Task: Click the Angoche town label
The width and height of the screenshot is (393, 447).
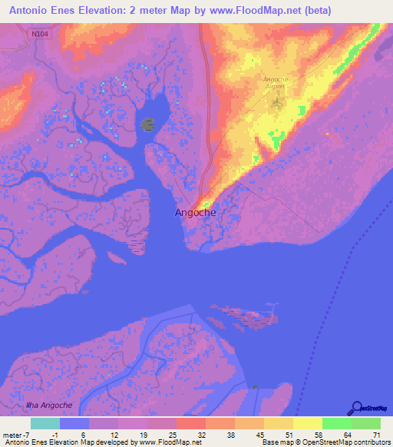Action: click(195, 213)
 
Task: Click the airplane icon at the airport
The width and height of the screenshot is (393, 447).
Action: click(278, 101)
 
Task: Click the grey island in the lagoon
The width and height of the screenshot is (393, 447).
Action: click(148, 124)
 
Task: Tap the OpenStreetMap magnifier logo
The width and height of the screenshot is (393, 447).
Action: click(358, 408)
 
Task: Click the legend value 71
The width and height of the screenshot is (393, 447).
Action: click(375, 435)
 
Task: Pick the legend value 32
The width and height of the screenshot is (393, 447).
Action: click(200, 435)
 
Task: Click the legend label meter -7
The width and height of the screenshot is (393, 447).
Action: click(15, 435)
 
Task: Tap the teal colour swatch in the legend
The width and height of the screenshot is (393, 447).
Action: click(45, 423)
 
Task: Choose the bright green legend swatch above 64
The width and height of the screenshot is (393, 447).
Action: click(336, 423)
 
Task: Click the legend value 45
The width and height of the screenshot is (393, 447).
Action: click(259, 435)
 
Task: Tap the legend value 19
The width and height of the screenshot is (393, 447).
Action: click(144, 435)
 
